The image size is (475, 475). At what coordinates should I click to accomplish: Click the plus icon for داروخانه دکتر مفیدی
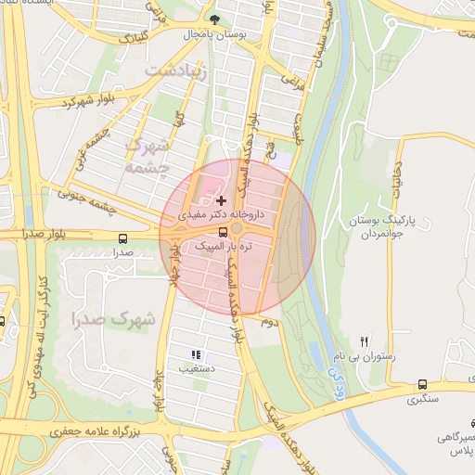tap(221, 199)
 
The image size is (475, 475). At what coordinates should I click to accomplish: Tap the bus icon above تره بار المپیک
tap(222, 231)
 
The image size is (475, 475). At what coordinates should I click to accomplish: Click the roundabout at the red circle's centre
tap(237, 229)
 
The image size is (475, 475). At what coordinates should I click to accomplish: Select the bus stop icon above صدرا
tap(124, 238)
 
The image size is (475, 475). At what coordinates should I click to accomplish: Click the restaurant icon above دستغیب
tap(195, 354)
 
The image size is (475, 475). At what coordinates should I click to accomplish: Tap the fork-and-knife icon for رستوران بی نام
tap(364, 341)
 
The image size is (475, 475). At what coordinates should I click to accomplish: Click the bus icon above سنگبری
tap(423, 384)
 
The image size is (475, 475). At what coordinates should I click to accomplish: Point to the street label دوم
tap(270, 322)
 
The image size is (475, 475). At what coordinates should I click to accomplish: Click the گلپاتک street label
tap(127, 38)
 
